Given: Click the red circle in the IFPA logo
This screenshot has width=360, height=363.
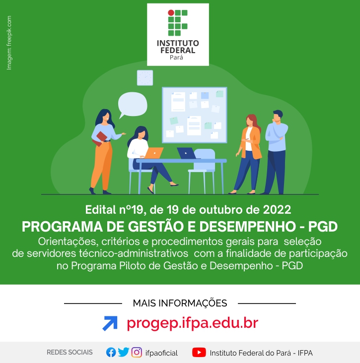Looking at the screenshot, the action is pyautogui.click(x=171, y=13).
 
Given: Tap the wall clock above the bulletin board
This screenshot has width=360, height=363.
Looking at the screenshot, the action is pyautogui.click(x=145, y=78).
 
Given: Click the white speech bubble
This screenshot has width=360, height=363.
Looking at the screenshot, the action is pyautogui.click(x=133, y=105).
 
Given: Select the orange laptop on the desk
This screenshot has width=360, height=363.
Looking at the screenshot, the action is pyautogui.click(x=154, y=153).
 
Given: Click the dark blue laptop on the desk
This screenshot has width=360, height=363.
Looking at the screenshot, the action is pyautogui.click(x=187, y=153).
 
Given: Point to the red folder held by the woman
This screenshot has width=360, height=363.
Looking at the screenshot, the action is pyautogui.click(x=100, y=139).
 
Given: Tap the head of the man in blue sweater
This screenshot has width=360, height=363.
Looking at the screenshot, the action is pyautogui.click(x=278, y=116).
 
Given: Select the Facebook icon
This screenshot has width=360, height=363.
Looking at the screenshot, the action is pyautogui.click(x=111, y=353).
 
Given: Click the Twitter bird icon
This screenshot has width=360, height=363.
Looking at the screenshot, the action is pyautogui.click(x=124, y=352).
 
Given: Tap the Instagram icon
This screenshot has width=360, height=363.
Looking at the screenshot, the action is pyautogui.click(x=137, y=353).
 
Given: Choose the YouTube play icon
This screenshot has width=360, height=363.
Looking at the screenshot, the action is pyautogui.click(x=199, y=353).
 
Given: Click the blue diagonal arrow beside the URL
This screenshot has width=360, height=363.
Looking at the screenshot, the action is pyautogui.click(x=110, y=323).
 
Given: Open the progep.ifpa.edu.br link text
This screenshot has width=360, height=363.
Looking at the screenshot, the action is pyautogui.click(x=192, y=323).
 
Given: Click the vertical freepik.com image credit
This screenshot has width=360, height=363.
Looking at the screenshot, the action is pyautogui.click(x=9, y=43).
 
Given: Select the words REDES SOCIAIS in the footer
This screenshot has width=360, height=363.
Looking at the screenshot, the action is pyautogui.click(x=70, y=353).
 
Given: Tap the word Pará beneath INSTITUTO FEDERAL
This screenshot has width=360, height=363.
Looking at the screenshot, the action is pyautogui.click(x=176, y=58).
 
